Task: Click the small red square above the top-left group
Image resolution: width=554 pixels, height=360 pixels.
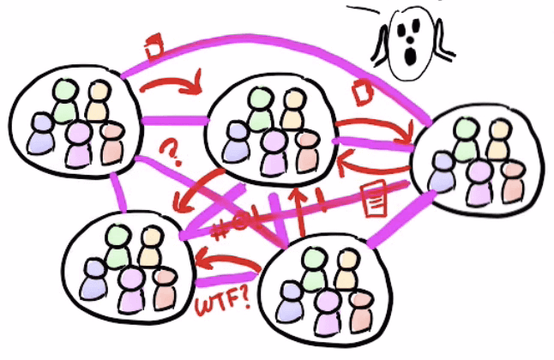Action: click(153, 45)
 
